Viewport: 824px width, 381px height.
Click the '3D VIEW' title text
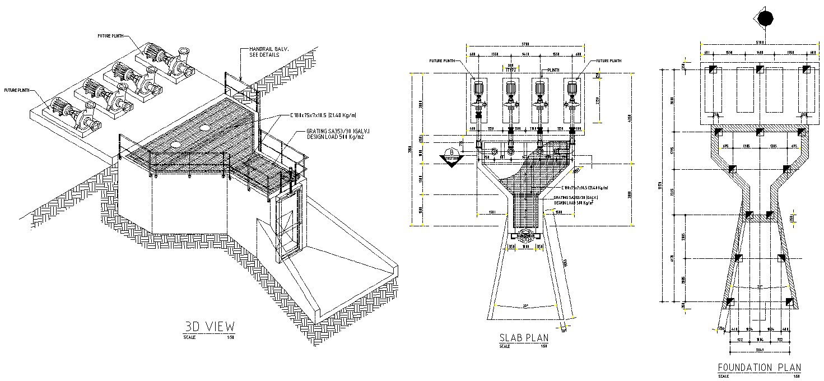210,326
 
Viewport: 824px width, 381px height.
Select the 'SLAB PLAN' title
523,337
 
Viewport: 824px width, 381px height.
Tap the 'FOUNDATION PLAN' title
759,368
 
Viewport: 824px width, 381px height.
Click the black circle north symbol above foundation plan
765,19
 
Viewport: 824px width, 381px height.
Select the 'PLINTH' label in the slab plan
553,70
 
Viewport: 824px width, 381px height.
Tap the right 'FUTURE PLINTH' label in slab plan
608,61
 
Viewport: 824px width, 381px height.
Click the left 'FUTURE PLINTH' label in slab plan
441,61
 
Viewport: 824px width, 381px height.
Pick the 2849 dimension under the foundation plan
760,349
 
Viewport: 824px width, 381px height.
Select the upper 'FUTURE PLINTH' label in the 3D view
110,35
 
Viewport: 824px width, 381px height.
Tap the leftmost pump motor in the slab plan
478,89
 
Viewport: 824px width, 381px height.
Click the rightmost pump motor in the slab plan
572,89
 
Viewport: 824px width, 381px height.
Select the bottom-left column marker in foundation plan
729,303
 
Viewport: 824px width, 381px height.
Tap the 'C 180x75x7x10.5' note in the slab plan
583,188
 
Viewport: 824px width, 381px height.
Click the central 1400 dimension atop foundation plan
760,52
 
